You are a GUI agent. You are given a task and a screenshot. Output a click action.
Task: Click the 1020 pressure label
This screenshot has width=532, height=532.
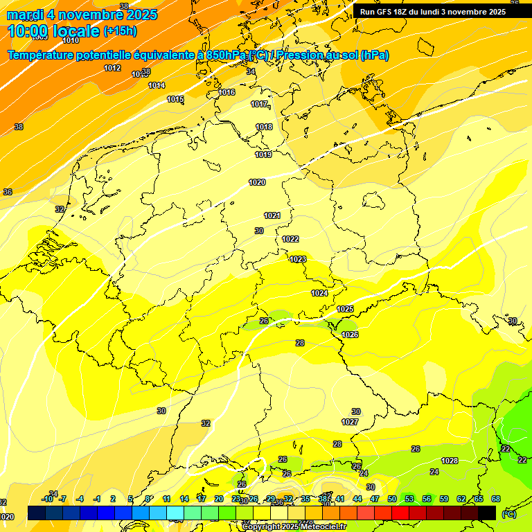click(x=257, y=182)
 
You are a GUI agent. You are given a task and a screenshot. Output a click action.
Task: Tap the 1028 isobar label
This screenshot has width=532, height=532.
click(x=450, y=461)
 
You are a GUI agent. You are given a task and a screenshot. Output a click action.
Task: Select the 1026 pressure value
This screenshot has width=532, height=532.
click(x=350, y=335)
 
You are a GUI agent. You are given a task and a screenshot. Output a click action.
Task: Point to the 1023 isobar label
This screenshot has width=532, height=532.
click(x=298, y=259)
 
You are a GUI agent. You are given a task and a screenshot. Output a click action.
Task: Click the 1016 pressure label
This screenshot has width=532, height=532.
click(x=227, y=92)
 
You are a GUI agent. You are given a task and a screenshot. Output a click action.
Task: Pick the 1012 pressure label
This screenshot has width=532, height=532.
click(x=112, y=68)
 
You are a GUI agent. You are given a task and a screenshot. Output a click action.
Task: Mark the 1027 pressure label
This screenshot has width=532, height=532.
click(x=350, y=422)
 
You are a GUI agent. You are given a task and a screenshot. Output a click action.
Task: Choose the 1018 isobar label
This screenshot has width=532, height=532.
click(x=264, y=127)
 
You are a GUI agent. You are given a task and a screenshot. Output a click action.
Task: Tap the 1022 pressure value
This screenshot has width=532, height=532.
click(x=290, y=239)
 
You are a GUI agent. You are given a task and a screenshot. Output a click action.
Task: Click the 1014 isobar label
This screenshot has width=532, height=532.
click(x=157, y=85)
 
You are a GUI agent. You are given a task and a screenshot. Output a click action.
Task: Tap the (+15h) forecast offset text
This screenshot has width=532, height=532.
click(x=120, y=31)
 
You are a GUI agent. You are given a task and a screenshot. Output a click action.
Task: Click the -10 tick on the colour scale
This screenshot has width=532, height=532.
click(x=47, y=499)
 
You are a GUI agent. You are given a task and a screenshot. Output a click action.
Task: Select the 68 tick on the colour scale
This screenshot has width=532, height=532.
click(x=496, y=499)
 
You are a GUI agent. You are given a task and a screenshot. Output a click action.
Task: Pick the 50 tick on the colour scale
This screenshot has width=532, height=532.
click(x=392, y=499)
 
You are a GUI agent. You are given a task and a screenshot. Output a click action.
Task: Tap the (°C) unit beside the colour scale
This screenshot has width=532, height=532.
click(x=509, y=513)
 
